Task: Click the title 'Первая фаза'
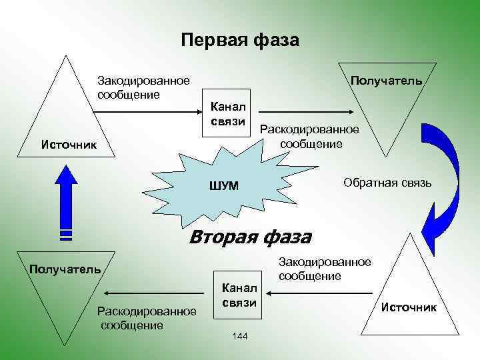point(240,40)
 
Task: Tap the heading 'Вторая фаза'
point(250,237)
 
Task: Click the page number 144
point(240,335)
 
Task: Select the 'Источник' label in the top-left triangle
point(69,144)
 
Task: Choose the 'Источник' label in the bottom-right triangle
point(409,307)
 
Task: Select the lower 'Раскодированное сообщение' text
point(147,318)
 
